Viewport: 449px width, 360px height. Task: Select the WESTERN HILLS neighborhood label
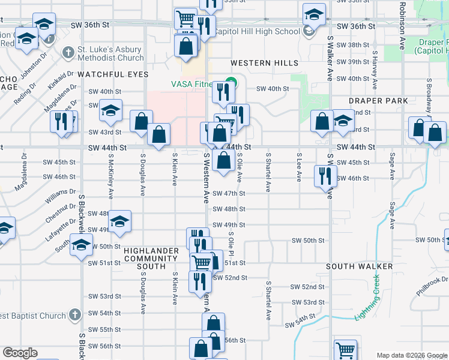(x=264, y=63)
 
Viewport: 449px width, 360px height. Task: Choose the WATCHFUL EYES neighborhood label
(x=112, y=74)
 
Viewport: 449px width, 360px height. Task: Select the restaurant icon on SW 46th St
(x=325, y=176)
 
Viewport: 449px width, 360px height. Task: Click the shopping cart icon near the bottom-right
(x=345, y=350)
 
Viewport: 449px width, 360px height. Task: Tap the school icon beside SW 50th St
(x=81, y=245)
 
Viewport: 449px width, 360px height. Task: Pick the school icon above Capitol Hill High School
(x=314, y=14)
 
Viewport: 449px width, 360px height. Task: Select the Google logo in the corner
(x=20, y=353)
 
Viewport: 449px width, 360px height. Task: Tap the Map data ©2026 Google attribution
(x=411, y=355)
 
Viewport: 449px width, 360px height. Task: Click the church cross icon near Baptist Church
(x=74, y=315)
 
